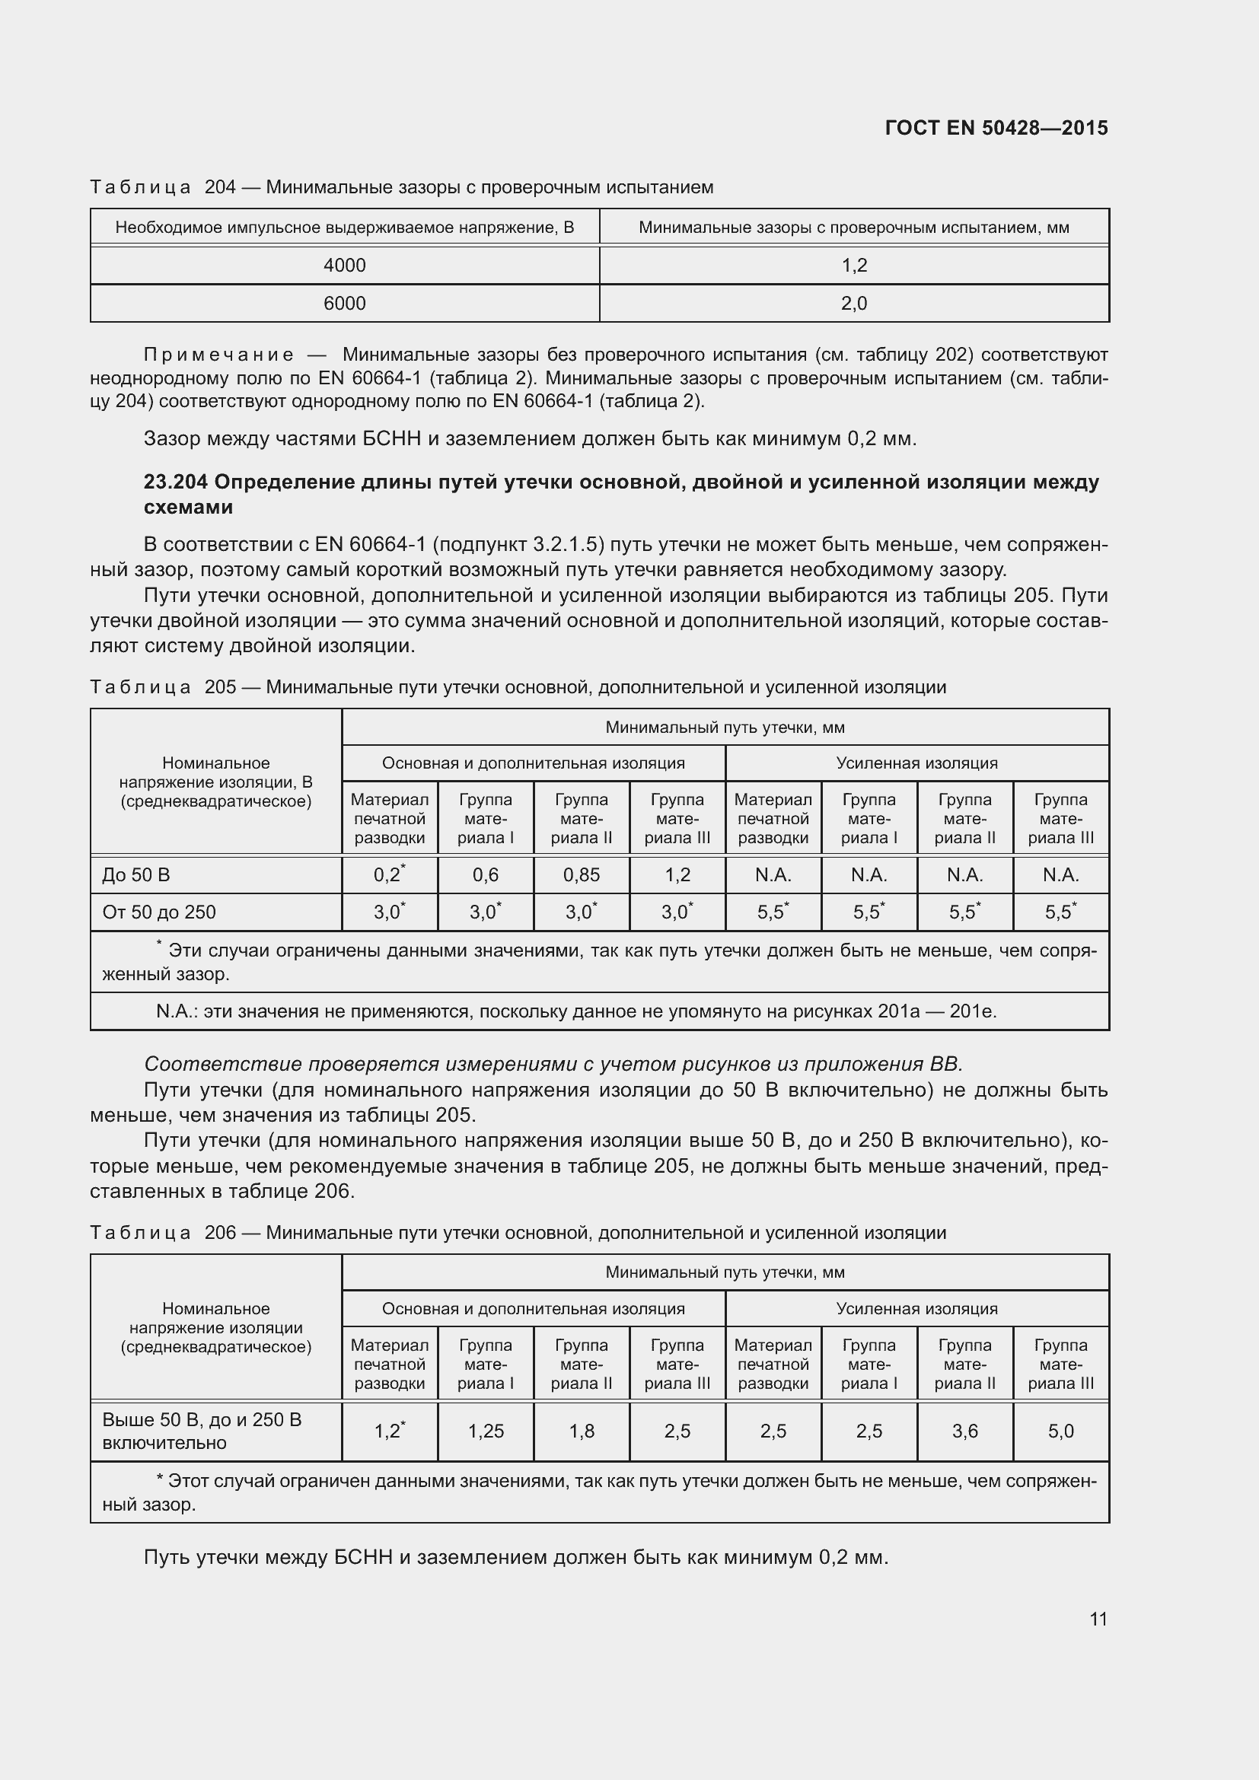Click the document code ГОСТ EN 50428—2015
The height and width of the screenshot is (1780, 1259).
(x=996, y=128)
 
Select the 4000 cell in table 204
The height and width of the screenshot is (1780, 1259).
(x=344, y=265)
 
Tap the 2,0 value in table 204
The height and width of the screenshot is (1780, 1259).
(x=853, y=303)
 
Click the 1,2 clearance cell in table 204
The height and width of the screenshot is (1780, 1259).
(x=853, y=265)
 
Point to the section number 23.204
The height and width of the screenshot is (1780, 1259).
(x=175, y=482)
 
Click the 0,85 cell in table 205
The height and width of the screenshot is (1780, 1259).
(x=581, y=874)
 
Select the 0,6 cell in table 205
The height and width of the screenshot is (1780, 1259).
(x=486, y=874)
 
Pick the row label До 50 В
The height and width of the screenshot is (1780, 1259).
(x=136, y=874)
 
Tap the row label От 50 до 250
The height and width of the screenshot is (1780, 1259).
(x=159, y=912)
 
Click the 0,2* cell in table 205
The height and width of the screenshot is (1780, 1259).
(x=389, y=874)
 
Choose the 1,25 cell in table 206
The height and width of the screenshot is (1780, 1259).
(x=486, y=1431)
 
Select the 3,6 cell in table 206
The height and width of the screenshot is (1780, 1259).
(x=964, y=1431)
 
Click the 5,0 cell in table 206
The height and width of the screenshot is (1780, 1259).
(x=1060, y=1431)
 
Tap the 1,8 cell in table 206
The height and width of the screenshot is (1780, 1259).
(x=581, y=1431)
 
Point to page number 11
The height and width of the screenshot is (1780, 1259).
(x=1098, y=1619)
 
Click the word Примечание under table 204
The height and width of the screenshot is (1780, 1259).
(x=218, y=355)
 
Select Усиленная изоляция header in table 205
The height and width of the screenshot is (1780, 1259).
(x=916, y=763)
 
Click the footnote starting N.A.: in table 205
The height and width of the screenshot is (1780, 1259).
(x=575, y=1011)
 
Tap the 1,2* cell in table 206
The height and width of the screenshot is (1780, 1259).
(x=389, y=1431)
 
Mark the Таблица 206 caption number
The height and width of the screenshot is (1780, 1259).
(x=220, y=1233)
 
